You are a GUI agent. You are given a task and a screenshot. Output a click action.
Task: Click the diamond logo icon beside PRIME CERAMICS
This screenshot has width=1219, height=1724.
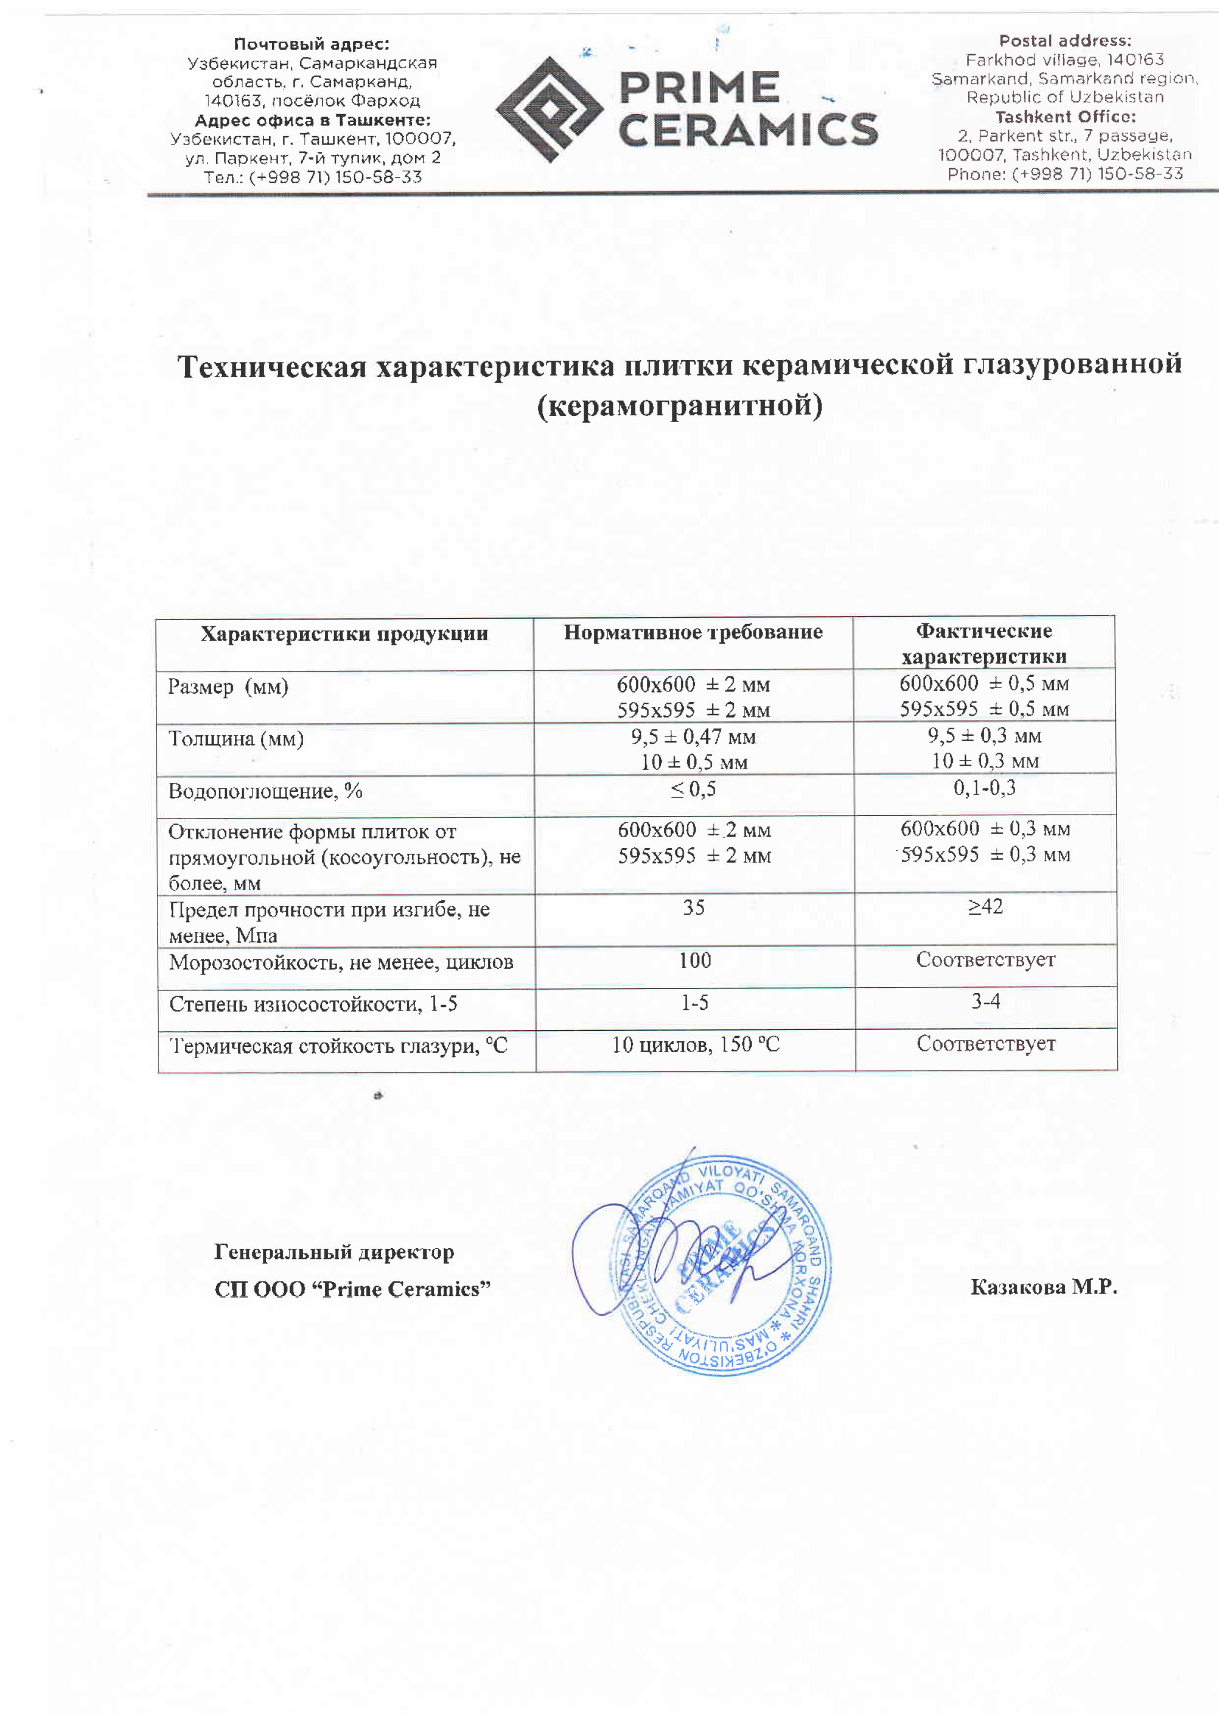(x=550, y=110)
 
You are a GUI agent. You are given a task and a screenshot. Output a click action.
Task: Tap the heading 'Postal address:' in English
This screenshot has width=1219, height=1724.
(x=1064, y=41)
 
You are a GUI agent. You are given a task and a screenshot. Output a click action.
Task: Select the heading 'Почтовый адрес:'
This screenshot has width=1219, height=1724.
(x=312, y=44)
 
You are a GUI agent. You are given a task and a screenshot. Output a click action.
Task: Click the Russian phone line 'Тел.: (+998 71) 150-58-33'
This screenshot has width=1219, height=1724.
(x=313, y=178)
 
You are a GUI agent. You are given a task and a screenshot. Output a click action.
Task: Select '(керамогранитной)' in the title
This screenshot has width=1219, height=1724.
(x=680, y=406)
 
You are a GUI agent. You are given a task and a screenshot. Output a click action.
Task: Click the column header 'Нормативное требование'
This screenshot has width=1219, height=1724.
(x=693, y=632)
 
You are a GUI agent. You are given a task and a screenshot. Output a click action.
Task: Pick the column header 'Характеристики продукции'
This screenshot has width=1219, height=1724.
(x=344, y=634)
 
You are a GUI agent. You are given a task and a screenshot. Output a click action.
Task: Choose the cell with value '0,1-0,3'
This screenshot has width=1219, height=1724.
(x=984, y=788)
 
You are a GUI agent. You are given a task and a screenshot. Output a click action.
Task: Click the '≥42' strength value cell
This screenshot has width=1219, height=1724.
(x=985, y=906)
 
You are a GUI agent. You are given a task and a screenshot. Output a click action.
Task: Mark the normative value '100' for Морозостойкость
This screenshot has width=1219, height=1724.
(x=694, y=960)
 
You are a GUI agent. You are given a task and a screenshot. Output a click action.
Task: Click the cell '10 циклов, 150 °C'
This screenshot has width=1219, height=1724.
(x=695, y=1044)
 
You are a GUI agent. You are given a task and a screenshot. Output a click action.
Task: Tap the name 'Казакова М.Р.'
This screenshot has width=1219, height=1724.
(x=1044, y=1287)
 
